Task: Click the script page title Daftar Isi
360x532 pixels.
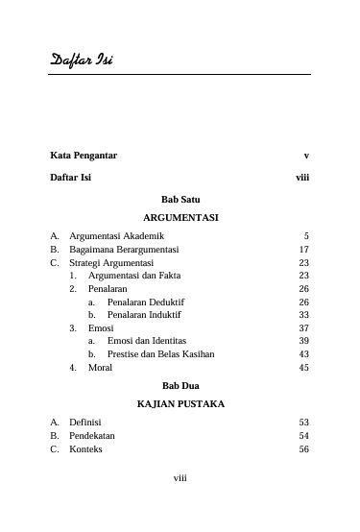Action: pos(82,62)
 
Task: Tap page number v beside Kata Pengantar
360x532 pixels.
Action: pos(304,155)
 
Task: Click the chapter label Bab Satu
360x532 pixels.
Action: pos(180,199)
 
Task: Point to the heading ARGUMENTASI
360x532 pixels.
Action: pos(180,218)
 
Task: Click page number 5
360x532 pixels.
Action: pos(305,235)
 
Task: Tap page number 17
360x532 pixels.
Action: pos(303,249)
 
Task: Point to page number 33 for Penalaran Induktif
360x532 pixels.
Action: pos(303,314)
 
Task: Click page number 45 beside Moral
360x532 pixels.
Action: pos(303,367)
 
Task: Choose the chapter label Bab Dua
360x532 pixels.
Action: pos(180,385)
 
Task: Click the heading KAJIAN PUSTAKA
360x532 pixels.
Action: pos(180,404)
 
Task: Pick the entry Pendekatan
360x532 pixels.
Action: pos(92,435)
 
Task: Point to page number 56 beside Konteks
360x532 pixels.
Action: pos(303,448)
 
